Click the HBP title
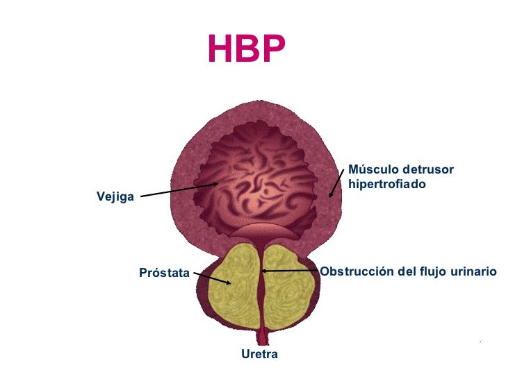click(246, 49)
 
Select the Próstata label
click(164, 273)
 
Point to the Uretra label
click(259, 355)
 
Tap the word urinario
click(475, 271)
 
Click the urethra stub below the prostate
click(261, 338)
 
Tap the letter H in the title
click(219, 49)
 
